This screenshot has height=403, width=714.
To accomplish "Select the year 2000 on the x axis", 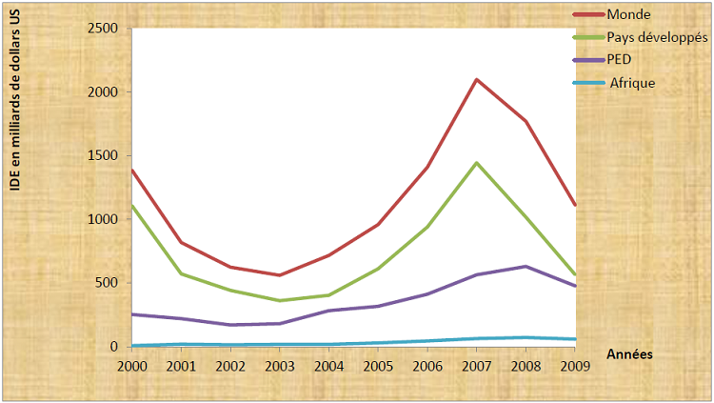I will pyautogui.click(x=132, y=365).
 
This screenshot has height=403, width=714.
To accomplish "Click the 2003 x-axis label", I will pyautogui.click(x=279, y=365).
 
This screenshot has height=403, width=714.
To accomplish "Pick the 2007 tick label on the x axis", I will pyautogui.click(x=476, y=365).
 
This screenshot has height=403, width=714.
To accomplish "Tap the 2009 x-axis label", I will pyautogui.click(x=574, y=365).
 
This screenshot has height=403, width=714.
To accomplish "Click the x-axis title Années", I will pyautogui.click(x=629, y=353).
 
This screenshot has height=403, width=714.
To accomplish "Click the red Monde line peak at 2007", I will pyautogui.click(x=476, y=79).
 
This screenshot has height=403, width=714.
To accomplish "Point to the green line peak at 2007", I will pyautogui.click(x=476, y=163).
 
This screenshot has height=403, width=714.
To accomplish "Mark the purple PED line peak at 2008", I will pyautogui.click(x=526, y=266).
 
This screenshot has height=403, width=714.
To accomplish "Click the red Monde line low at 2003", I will pyautogui.click(x=279, y=275).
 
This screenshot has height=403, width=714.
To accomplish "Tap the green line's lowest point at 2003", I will pyautogui.click(x=279, y=301).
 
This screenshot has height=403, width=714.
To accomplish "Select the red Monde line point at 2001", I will pyautogui.click(x=181, y=242).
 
